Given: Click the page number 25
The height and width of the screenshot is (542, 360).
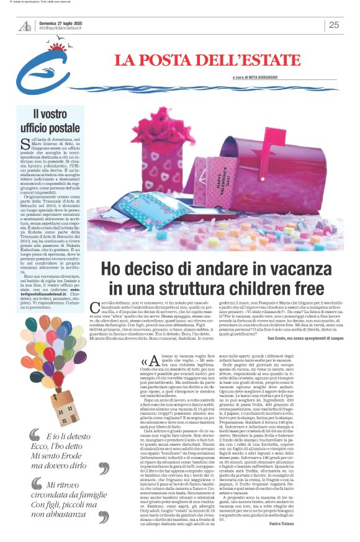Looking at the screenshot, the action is click(x=333, y=25).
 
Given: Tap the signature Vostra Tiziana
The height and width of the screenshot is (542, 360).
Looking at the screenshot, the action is click(x=319, y=525).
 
